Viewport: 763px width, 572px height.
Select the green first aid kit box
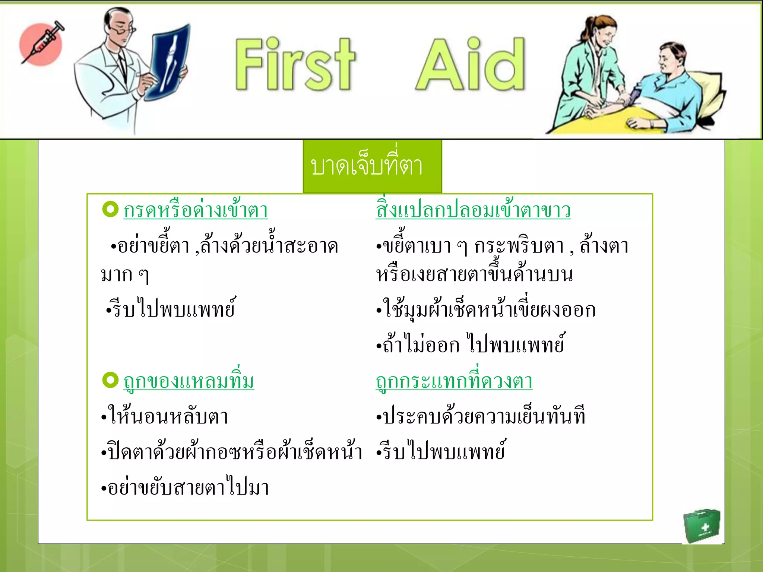click(x=702, y=525)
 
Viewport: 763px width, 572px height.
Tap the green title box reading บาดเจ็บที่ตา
click(x=372, y=166)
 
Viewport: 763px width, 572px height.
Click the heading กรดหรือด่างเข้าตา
click(x=196, y=210)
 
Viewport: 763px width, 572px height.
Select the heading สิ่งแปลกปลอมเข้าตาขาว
click(x=473, y=210)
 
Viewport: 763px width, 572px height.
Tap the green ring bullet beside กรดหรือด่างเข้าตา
click(x=110, y=209)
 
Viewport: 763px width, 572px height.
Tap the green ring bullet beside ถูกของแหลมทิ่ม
click(x=110, y=380)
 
